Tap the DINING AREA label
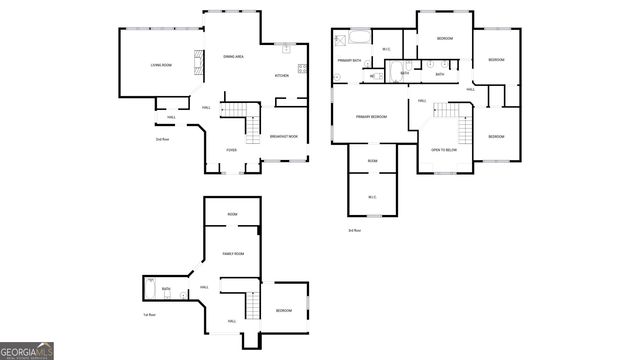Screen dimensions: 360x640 coord(235,56)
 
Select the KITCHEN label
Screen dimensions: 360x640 coord(282,76)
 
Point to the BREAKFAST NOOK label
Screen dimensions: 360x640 coord(284,136)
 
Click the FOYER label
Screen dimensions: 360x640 coord(231,151)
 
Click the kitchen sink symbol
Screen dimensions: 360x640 coord(284,47)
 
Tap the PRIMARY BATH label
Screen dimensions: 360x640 coord(349,61)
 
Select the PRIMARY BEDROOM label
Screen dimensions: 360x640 coord(371,117)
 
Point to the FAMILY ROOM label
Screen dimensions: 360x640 coord(234,255)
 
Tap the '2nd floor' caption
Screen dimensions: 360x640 coord(161,139)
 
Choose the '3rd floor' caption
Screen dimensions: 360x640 coord(354,231)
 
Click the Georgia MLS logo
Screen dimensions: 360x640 coord(27,351)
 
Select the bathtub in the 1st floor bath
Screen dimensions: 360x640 coord(150,290)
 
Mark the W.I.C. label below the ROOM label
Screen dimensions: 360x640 coord(372,196)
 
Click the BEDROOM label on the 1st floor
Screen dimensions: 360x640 coord(284,311)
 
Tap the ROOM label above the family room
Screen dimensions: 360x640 coord(232,214)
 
